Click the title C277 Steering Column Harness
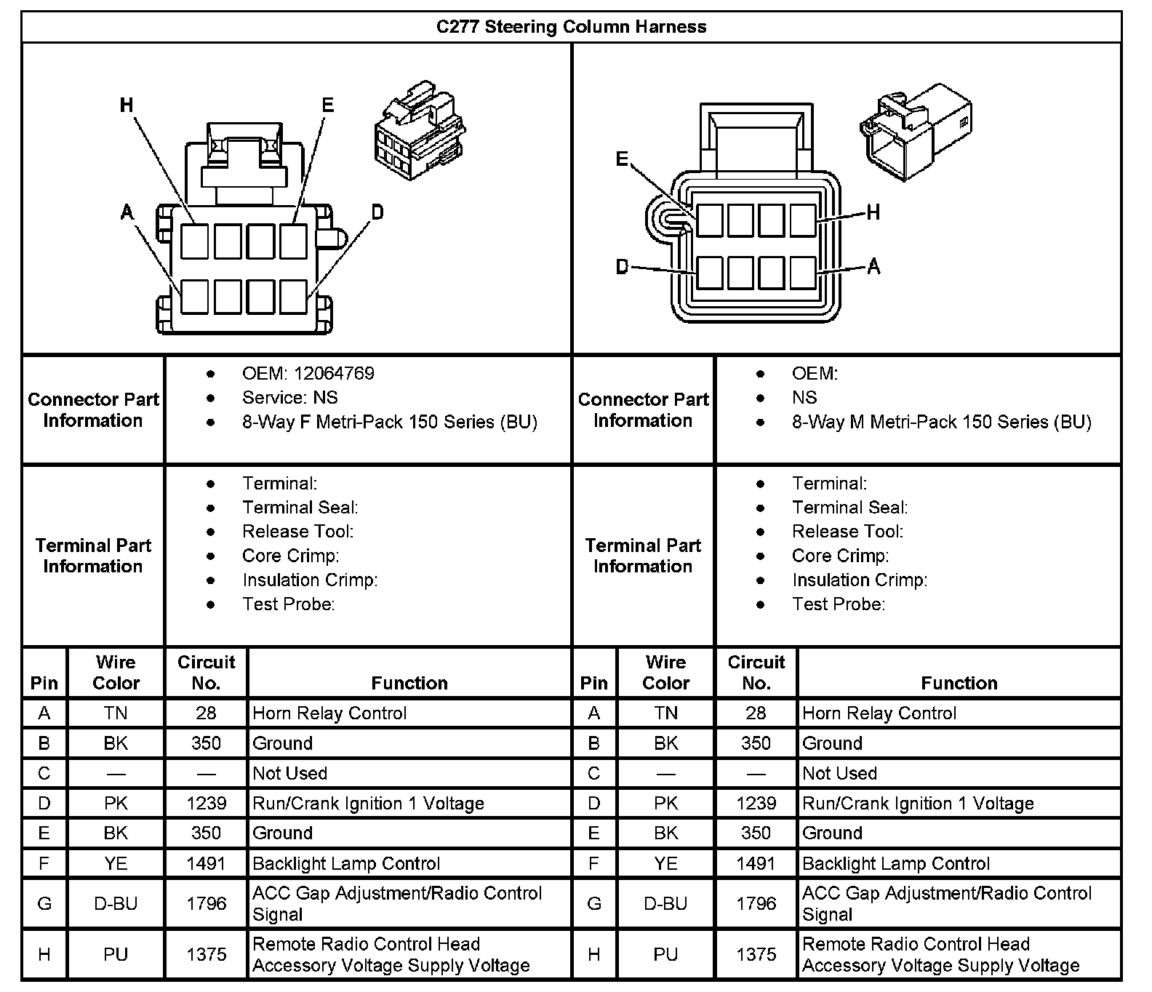(x=571, y=27)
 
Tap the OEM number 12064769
(x=334, y=373)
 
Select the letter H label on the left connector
(x=127, y=105)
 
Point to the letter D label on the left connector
(x=377, y=212)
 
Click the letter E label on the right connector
(x=622, y=159)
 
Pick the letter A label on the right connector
(x=873, y=267)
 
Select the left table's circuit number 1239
(x=206, y=803)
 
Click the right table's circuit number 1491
(x=756, y=863)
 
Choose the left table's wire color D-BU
(x=116, y=903)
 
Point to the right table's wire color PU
(x=665, y=954)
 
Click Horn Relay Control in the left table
(x=329, y=713)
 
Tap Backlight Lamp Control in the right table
(x=895, y=863)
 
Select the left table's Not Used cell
(x=289, y=773)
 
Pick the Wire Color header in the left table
(x=116, y=673)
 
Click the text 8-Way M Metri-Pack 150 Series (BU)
(x=941, y=422)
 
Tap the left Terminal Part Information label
(x=93, y=556)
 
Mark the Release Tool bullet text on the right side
(x=847, y=532)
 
